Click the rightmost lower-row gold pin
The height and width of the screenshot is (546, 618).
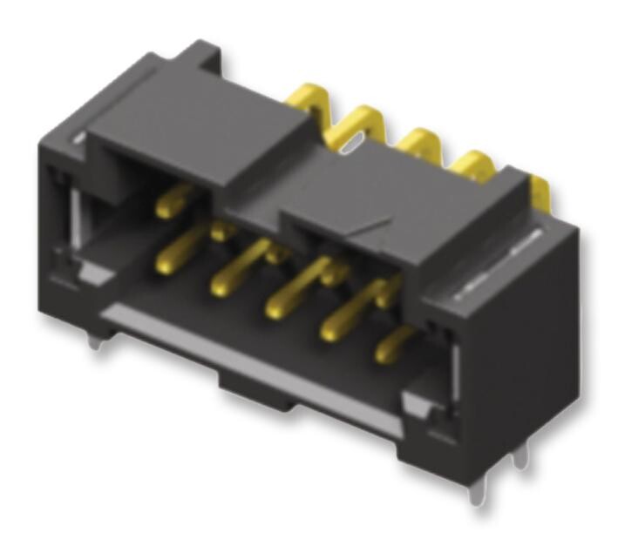(384, 353)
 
